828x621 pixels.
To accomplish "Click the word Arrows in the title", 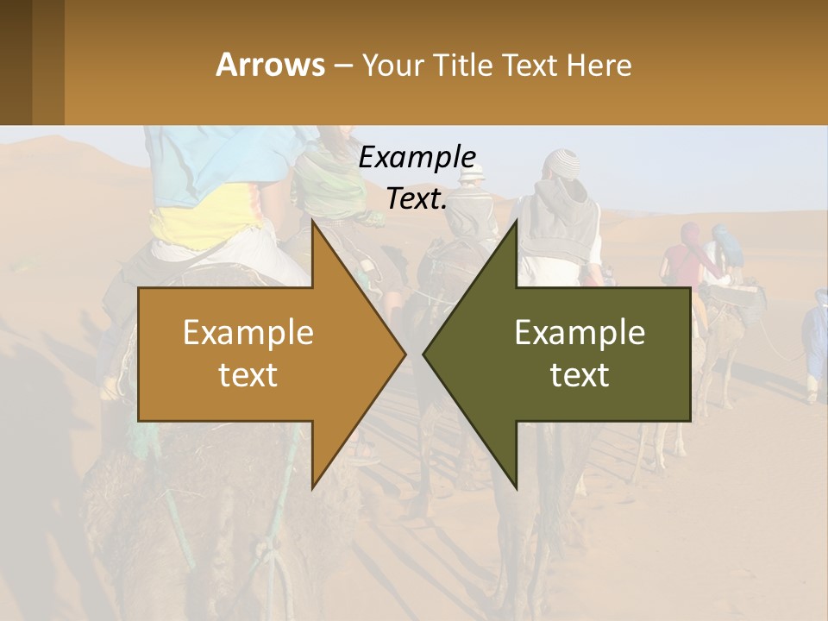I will coord(270,65).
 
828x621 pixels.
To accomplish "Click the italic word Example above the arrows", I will coord(417,158).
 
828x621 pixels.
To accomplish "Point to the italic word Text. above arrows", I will coord(417,198).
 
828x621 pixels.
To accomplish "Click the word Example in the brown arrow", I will coord(248,333).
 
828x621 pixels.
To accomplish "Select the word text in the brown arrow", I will coord(248,375).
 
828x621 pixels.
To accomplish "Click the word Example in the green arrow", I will coord(580,333).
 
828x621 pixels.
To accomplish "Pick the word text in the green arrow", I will coord(580,375).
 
